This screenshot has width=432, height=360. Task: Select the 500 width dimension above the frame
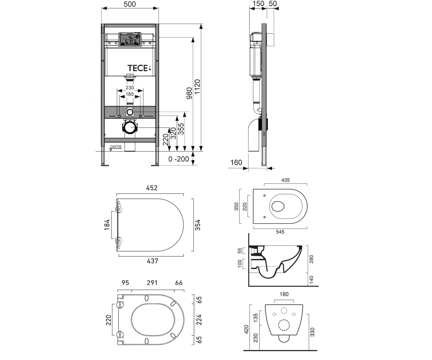coord(130,4)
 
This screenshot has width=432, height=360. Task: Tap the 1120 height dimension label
coord(197,87)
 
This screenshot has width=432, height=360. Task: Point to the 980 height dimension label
coord(189,93)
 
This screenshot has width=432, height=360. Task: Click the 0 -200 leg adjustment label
coord(179,159)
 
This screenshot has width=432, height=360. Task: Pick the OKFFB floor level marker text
coord(116,147)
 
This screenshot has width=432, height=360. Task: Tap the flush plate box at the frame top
coord(130,40)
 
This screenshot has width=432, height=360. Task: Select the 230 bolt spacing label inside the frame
coord(130,87)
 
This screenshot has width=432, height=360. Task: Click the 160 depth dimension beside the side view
coord(236,162)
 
